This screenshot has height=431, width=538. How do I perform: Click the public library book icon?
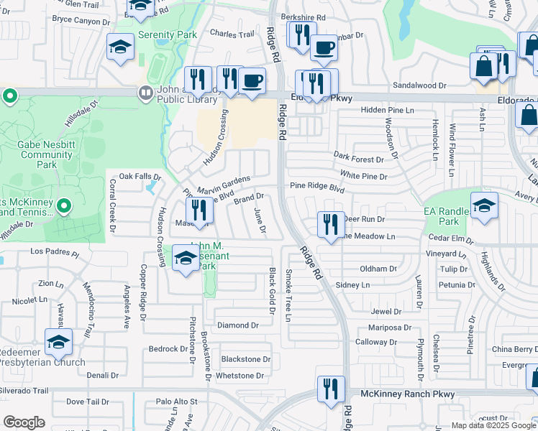pyautogui.click(x=145, y=93)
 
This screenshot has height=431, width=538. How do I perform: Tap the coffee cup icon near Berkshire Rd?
pyautogui.click(x=324, y=48)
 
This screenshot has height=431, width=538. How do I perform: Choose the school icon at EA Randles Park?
pyautogui.click(x=484, y=207)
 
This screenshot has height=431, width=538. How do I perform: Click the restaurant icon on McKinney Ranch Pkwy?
pyautogui.click(x=331, y=390)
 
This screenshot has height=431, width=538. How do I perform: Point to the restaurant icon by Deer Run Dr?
pyautogui.click(x=330, y=224)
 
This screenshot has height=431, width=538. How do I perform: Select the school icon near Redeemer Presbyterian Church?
pyautogui.click(x=58, y=343)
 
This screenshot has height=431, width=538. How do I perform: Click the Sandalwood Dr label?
pyautogui.click(x=419, y=85)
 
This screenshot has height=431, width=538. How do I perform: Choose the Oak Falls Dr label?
pyautogui.click(x=137, y=176)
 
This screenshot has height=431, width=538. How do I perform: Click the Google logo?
pyautogui.click(x=24, y=422)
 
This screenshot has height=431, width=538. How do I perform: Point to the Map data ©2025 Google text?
pyautogui.click(x=493, y=425)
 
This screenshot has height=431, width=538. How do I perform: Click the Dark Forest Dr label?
pyautogui.click(x=360, y=158)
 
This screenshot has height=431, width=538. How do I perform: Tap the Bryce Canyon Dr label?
pyautogui.click(x=81, y=22)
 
